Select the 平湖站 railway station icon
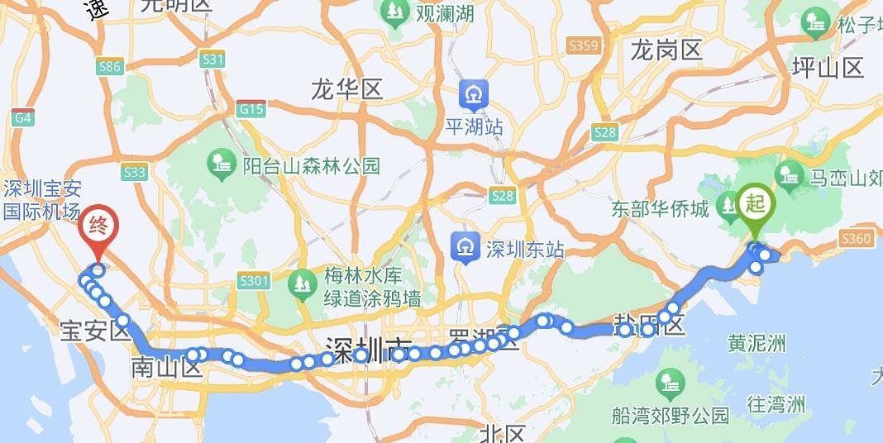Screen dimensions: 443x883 [x=475, y=95]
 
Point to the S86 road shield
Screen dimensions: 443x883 [x=109, y=68]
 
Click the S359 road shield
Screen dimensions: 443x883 [x=584, y=45]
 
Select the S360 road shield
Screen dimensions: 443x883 [x=855, y=239]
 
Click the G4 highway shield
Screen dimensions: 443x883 [x=22, y=118]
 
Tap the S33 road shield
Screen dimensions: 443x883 [x=133, y=172]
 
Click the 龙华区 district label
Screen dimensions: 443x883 [x=347, y=89]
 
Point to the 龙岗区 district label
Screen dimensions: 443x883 [x=666, y=51]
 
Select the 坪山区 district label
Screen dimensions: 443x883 [x=827, y=68]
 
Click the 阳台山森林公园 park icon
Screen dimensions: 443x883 [x=222, y=164]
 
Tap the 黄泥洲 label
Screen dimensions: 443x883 [x=756, y=342]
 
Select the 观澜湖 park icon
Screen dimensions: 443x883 [x=394, y=12]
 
